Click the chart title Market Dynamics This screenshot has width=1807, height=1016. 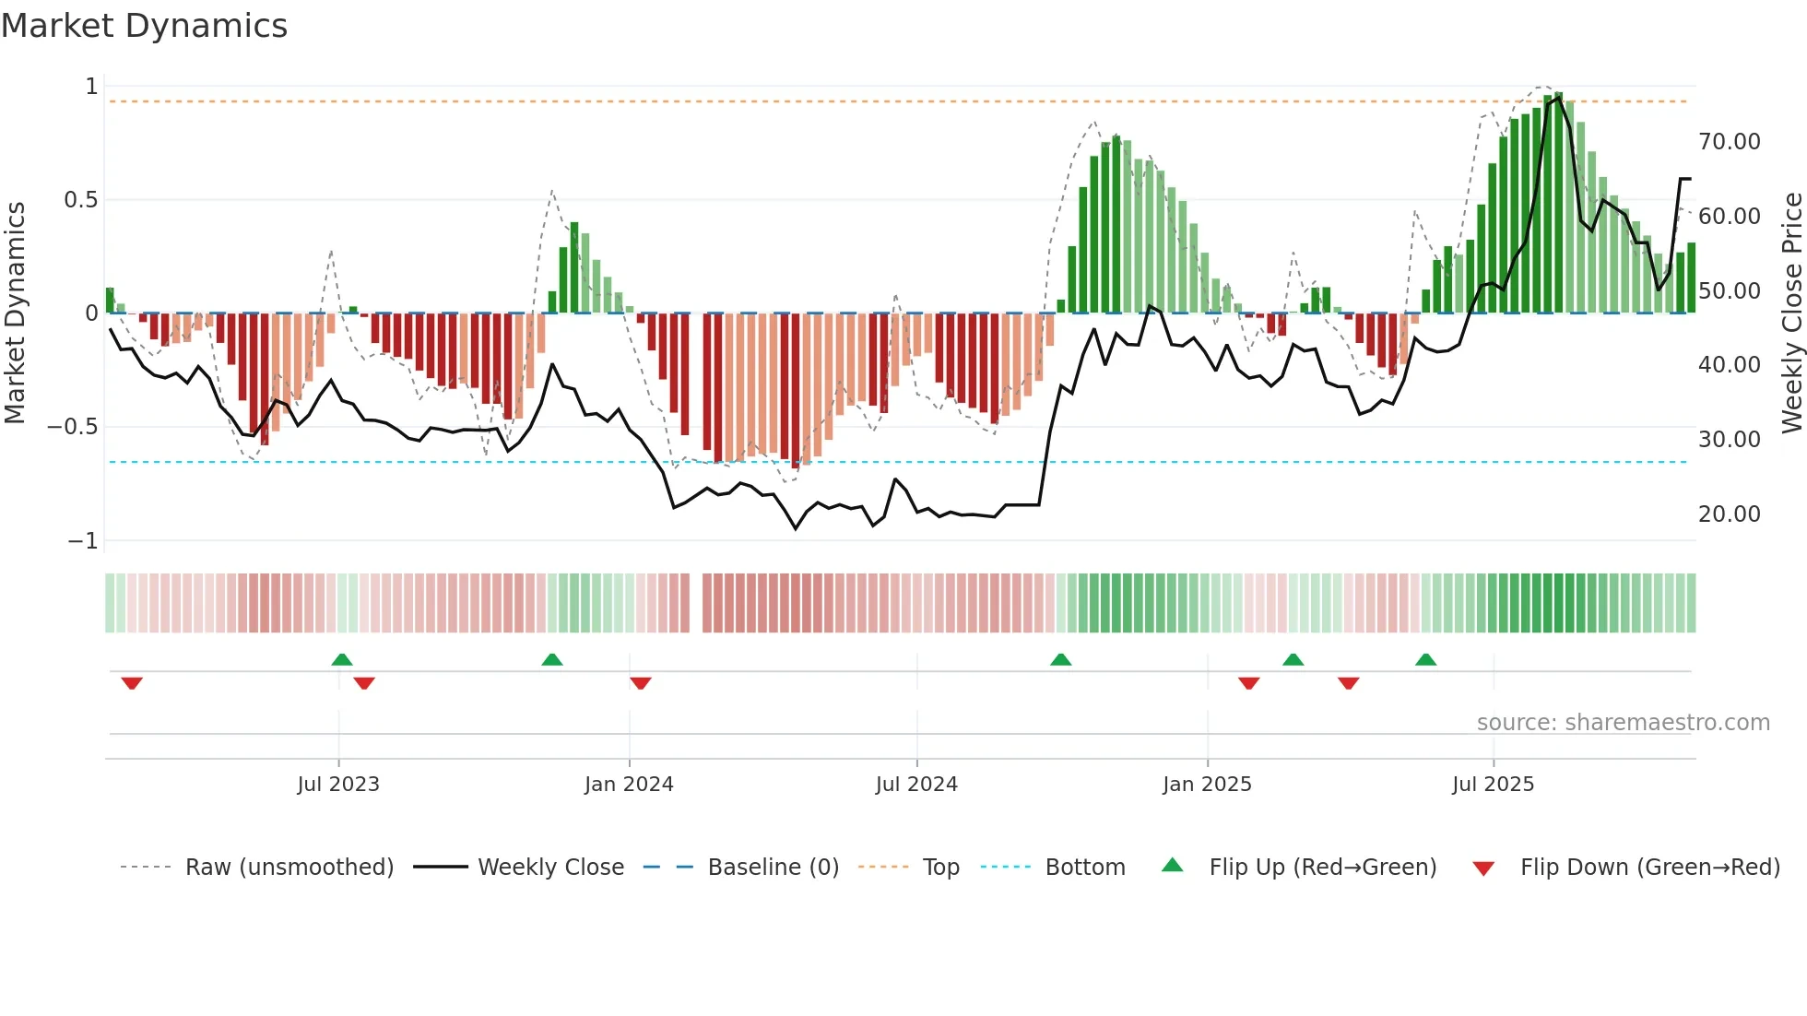144,26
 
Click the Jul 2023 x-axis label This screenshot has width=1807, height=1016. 338,785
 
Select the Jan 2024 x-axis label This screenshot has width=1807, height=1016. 629,785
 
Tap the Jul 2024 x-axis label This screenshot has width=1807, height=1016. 916,785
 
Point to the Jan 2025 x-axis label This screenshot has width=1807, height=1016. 1207,785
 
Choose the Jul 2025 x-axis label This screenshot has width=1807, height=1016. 1493,785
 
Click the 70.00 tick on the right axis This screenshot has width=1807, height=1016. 1729,142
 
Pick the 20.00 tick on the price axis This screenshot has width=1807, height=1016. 1729,514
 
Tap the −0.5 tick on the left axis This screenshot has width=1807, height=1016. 72,427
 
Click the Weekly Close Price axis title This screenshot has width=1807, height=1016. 1791,313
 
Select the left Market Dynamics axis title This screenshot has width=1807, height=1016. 15,313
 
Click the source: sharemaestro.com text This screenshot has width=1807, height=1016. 1623,723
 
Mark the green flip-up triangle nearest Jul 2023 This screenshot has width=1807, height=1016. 342,660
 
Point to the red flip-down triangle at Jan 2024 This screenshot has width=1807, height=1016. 641,683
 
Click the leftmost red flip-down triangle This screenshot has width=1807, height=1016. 132,683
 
